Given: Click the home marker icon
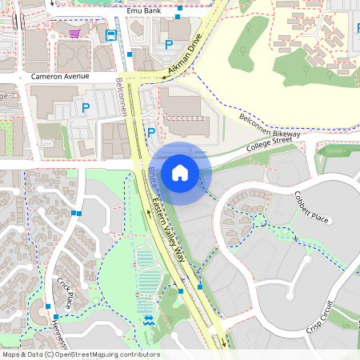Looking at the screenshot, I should [x=180, y=172].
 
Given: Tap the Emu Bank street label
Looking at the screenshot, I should [x=143, y=11].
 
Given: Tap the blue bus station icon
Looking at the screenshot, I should [x=111, y=35].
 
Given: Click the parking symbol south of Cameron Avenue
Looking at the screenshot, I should [x=86, y=106].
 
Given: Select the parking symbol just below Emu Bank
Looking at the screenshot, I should [x=169, y=45].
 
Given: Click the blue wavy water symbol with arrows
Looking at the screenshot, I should [x=150, y=320].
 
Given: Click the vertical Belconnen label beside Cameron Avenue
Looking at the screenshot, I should [x=121, y=94].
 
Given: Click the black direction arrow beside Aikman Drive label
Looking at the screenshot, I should [x=162, y=77].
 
